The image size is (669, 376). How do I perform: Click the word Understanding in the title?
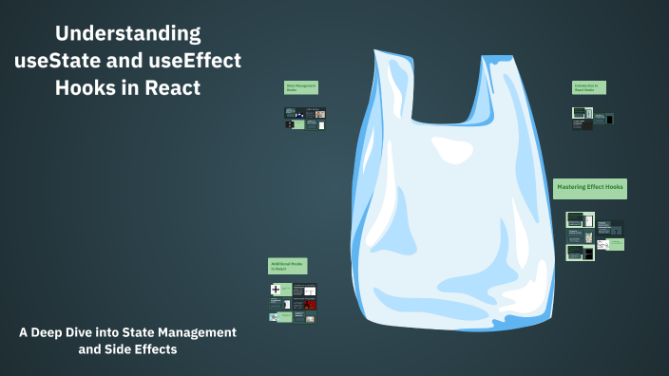(x=127, y=34)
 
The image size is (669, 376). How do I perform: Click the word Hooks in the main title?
(x=86, y=87)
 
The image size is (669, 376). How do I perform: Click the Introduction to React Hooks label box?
(x=588, y=87)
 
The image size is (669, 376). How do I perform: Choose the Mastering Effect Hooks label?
(x=590, y=188)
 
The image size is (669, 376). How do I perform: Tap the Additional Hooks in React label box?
(x=287, y=266)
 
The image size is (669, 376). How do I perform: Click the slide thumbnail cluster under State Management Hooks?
(x=304, y=119)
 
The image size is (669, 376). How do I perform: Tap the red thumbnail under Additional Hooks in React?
(x=305, y=305)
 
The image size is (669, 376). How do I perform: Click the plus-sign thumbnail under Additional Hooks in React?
(x=276, y=290)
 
